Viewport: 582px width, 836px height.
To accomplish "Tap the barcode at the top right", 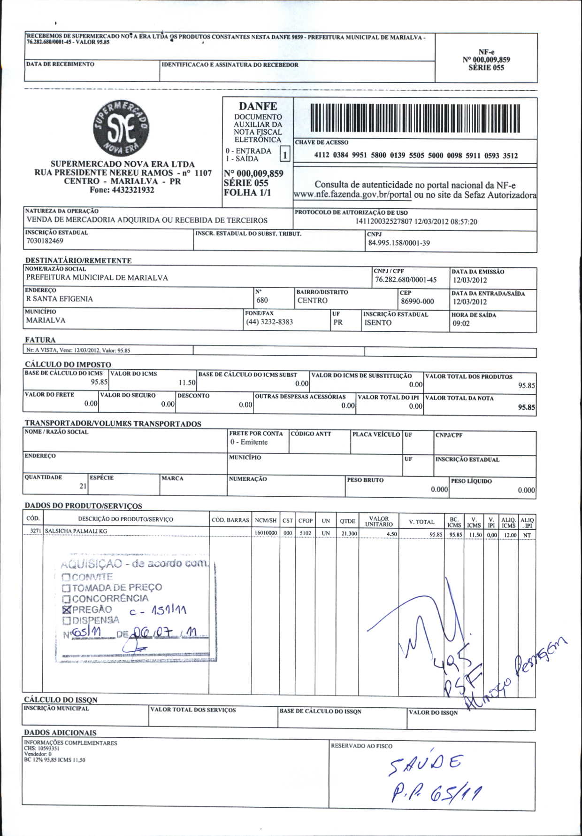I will tap(415, 117).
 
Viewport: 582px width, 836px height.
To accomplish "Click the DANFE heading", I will tap(258, 106).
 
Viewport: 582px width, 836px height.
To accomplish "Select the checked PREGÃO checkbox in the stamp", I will tap(66, 609).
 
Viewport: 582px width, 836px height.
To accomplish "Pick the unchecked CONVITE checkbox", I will tap(66, 577).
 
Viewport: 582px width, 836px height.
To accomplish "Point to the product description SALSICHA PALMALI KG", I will tap(76, 531).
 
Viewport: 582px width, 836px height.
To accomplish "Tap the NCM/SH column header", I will tap(266, 520).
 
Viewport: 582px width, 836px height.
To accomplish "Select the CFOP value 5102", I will tap(305, 533).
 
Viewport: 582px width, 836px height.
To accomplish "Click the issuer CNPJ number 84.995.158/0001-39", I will tap(398, 243).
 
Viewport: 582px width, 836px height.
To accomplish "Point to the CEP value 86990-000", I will tap(417, 301).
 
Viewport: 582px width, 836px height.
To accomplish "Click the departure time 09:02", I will tap(461, 323).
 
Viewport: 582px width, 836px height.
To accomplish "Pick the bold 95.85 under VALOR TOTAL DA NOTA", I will tap(526, 407).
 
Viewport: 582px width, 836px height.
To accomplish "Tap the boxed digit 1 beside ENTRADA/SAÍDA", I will tap(285, 154).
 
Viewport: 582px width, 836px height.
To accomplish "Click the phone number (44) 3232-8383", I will tap(269, 322).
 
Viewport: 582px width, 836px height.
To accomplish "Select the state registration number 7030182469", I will tap(45, 241).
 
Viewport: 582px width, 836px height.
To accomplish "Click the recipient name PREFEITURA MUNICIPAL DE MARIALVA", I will tap(97, 278).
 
